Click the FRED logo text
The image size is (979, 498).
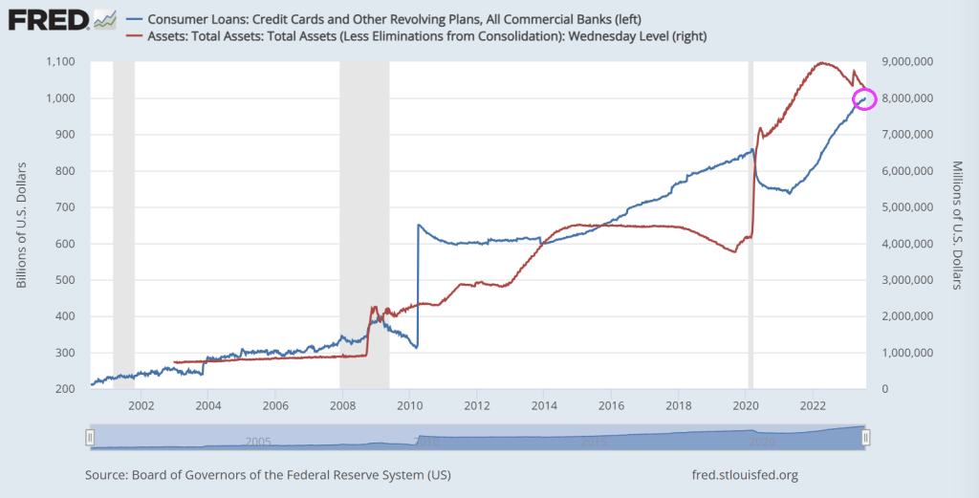click(x=42, y=18)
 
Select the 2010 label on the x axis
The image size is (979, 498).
click(x=409, y=405)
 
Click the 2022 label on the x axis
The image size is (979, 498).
click(x=813, y=405)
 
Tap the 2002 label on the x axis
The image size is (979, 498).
click(x=141, y=405)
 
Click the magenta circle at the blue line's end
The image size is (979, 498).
click(x=864, y=97)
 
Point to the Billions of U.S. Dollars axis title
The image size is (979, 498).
click(x=21, y=226)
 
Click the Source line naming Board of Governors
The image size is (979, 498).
click(x=268, y=474)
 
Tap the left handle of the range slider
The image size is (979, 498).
click(x=90, y=438)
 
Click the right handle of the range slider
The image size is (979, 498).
click(x=865, y=438)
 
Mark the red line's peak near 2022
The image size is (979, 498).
click(x=821, y=63)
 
